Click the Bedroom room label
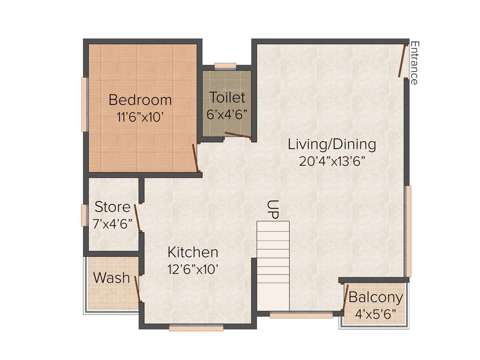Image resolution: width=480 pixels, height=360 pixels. point(140,100)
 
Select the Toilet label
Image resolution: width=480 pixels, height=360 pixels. point(227,97)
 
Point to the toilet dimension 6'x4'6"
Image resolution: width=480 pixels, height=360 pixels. point(227,114)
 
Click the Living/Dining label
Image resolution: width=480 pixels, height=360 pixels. point(332,144)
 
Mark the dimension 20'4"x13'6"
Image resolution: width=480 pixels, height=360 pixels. point(332,161)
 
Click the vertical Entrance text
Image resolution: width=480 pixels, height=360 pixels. point(414,63)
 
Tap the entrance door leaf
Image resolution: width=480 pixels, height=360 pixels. point(402,61)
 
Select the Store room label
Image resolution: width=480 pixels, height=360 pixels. point(112,207)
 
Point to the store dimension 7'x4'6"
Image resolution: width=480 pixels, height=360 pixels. point(112,224)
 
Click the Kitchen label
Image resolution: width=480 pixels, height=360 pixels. point(193,252)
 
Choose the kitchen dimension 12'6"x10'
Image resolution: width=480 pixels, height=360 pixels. point(193,270)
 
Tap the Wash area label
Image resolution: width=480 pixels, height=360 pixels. point(112,278)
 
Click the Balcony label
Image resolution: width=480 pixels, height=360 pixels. point(375,298)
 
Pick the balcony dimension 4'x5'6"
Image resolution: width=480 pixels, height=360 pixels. point(375,314)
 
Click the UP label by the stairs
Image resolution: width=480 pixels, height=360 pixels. point(273,209)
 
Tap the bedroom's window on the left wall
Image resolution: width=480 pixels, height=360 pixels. point(84,105)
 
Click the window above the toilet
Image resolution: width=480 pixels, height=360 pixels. point(225,66)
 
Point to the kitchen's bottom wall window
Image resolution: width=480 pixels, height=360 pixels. point(196,329)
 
